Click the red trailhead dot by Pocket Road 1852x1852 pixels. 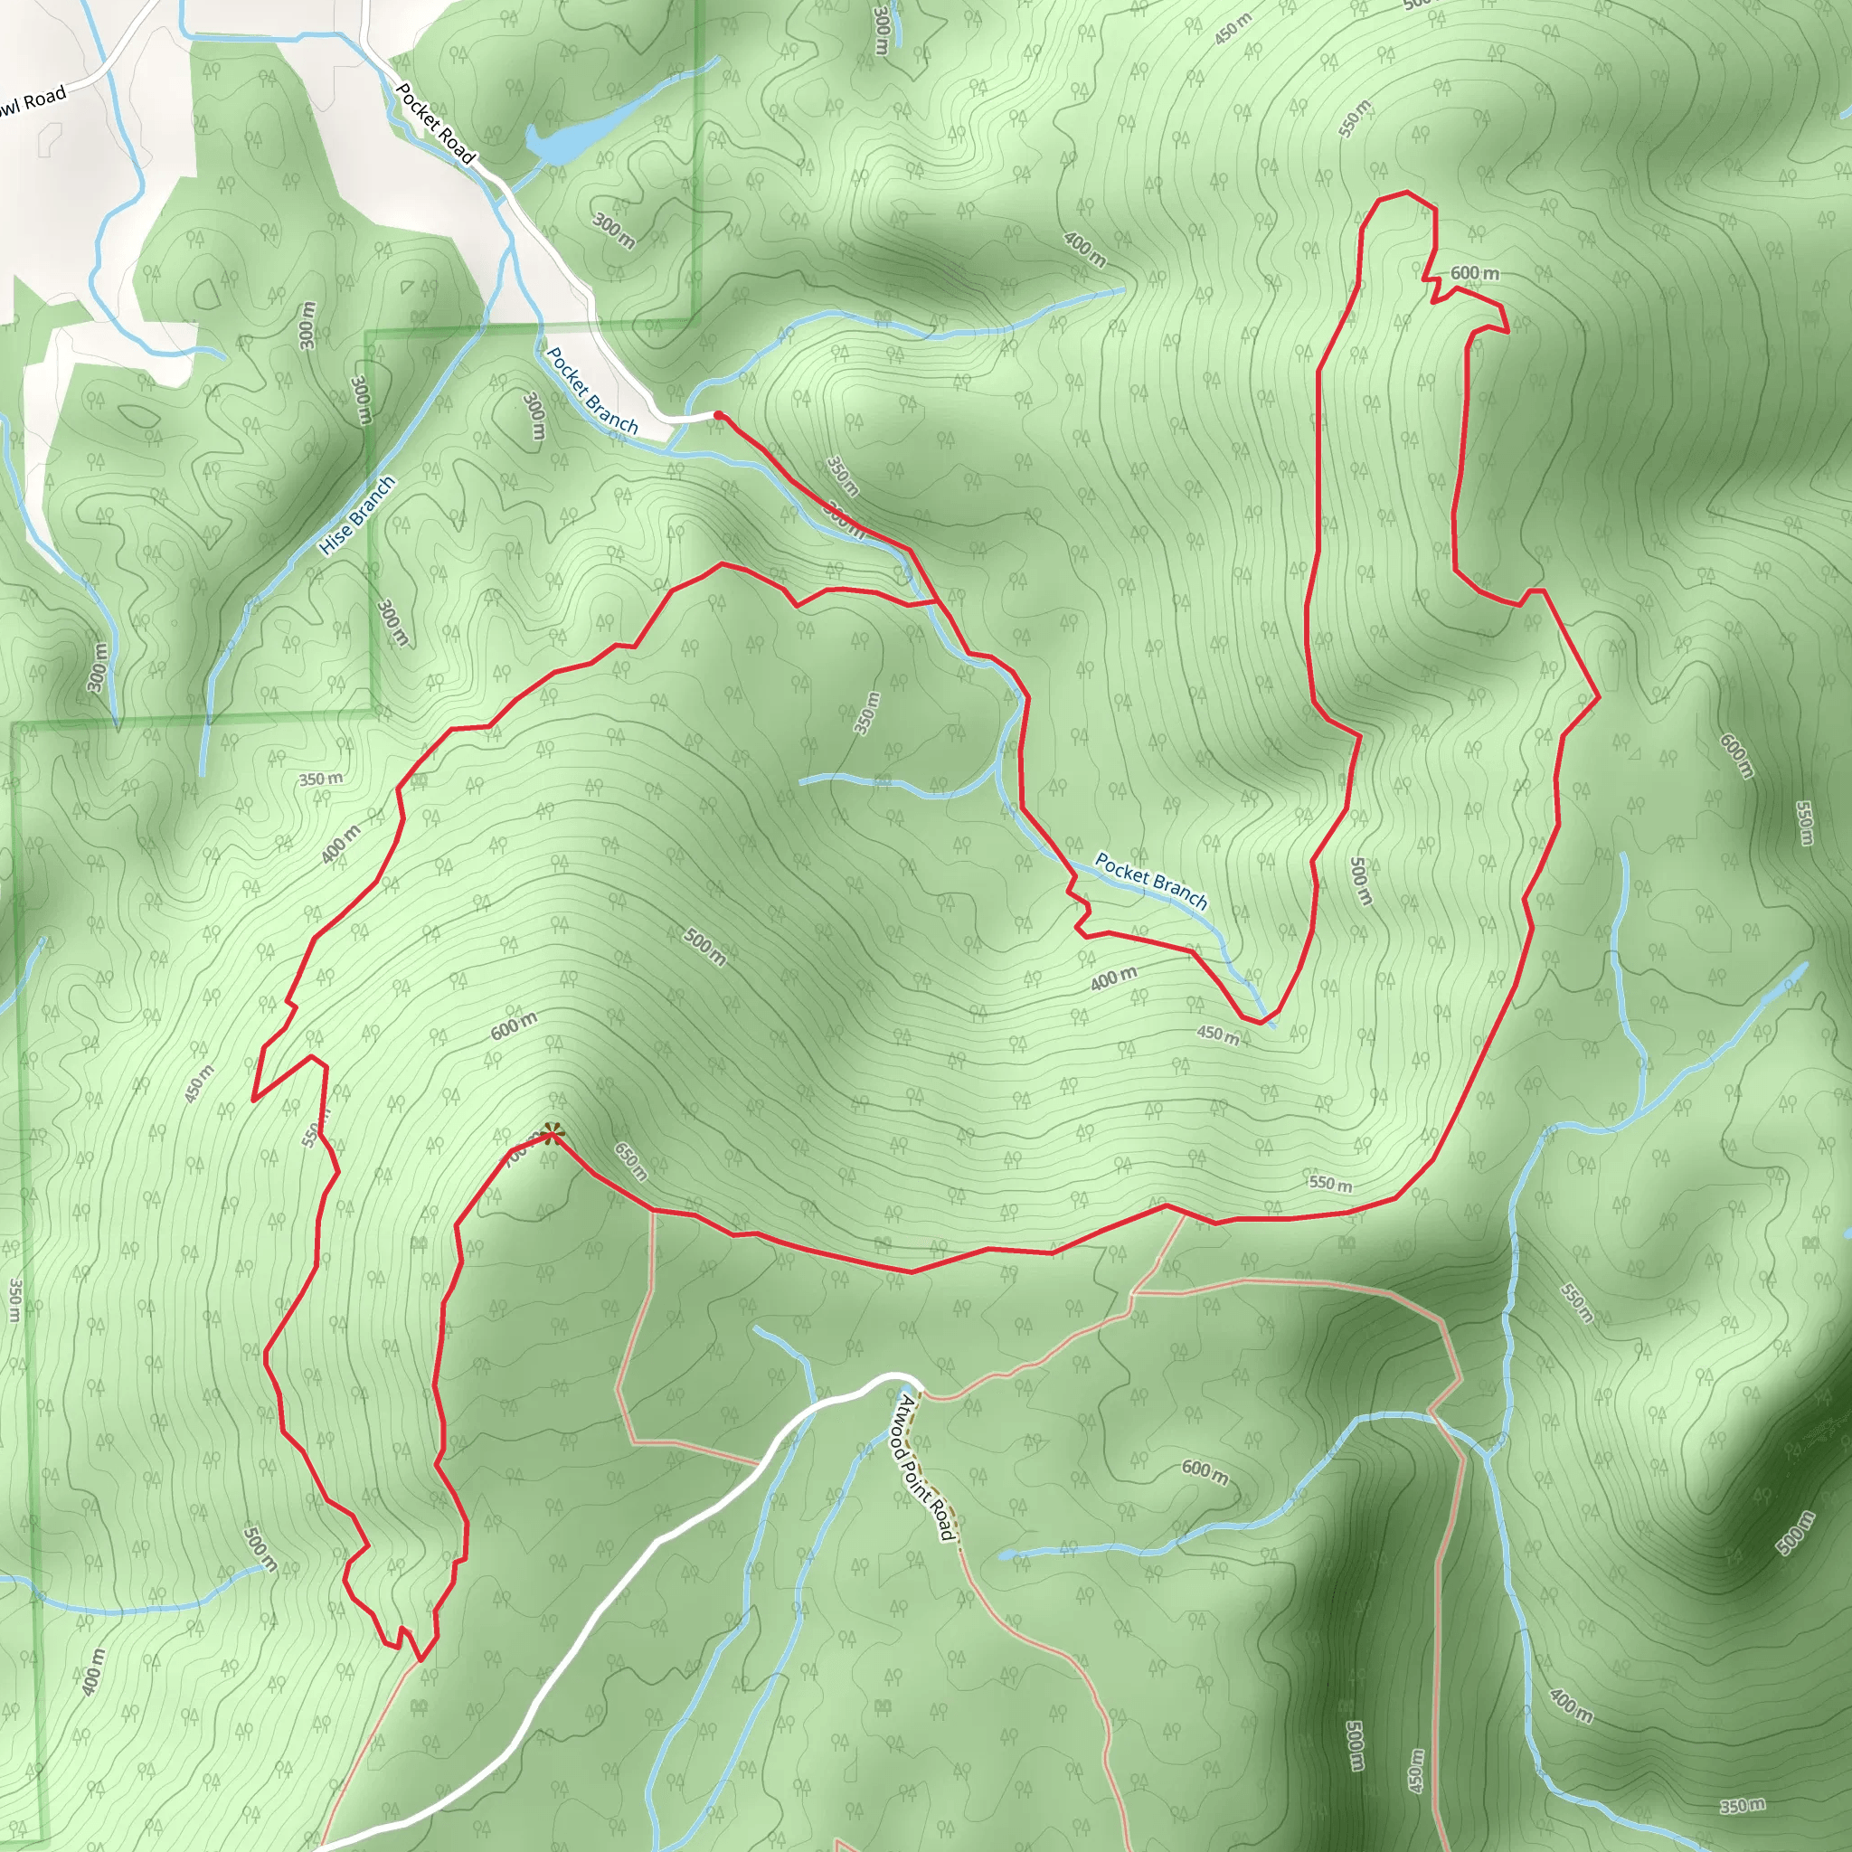point(718,415)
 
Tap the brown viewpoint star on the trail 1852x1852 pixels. point(552,1135)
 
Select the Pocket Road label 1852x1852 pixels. point(436,124)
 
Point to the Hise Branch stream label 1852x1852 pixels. point(356,515)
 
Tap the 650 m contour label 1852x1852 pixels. point(631,1161)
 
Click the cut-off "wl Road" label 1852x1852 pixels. point(33,101)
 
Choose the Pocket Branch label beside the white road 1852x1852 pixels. point(591,390)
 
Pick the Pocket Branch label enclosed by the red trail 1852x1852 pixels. point(1150,880)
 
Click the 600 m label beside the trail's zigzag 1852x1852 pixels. point(1474,273)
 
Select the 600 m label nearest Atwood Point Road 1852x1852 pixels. point(1205,1470)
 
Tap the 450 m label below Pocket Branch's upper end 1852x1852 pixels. point(1217,1034)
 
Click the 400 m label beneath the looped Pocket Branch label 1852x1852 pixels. point(1114,978)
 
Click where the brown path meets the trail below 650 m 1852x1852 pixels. point(654,1212)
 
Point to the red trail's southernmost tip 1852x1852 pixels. point(420,1659)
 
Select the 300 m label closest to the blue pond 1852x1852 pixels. point(613,230)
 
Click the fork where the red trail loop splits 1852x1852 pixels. point(936,602)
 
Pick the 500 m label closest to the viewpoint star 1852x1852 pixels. point(704,946)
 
